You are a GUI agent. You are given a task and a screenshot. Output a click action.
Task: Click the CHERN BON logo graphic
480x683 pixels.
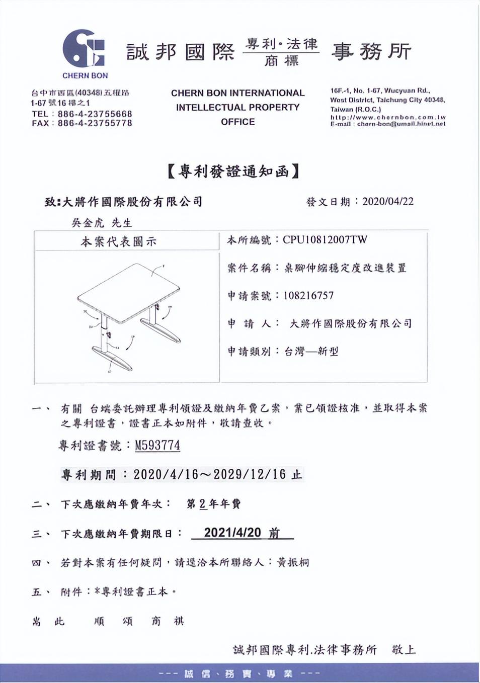(x=84, y=49)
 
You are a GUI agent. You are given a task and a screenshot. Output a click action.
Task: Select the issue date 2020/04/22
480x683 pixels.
(x=387, y=202)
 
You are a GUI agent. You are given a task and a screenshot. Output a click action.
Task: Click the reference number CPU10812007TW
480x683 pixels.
(x=325, y=240)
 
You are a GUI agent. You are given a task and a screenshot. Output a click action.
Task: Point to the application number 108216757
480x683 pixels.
(x=308, y=296)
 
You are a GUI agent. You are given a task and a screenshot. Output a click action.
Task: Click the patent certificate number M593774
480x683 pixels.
(x=157, y=446)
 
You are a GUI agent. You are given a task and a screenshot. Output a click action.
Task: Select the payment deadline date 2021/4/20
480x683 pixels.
(x=232, y=533)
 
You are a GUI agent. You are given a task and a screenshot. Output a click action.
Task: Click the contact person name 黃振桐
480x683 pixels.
(x=293, y=562)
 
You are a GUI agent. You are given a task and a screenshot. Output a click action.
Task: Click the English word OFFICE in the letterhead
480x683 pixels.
(x=237, y=122)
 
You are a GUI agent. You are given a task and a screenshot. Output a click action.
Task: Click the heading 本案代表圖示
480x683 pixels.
(x=119, y=242)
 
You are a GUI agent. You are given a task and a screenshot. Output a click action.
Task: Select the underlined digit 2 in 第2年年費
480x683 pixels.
(x=203, y=503)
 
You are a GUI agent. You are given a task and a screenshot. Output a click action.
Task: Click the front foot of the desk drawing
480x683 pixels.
(x=112, y=359)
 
